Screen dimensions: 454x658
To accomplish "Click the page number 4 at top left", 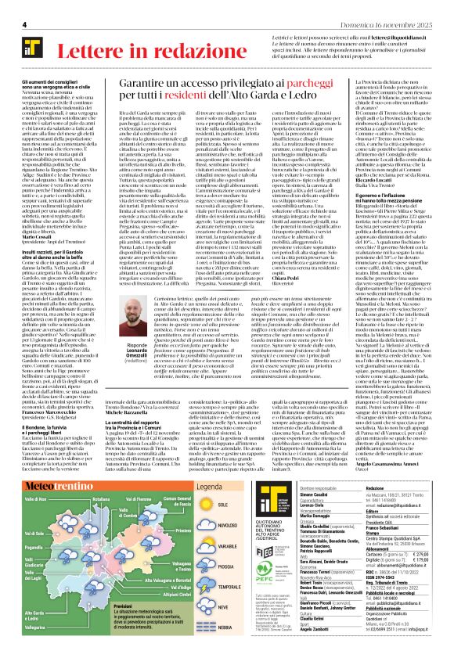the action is (x=24, y=25).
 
